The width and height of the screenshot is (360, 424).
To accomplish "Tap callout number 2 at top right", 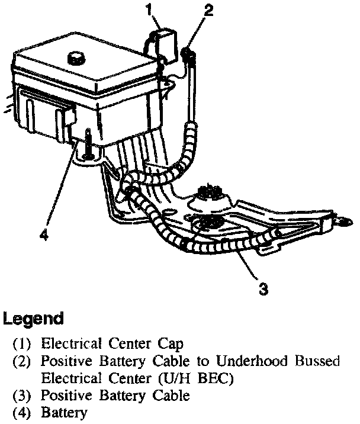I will coord(208,10).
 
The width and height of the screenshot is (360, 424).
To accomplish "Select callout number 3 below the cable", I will coord(265,290).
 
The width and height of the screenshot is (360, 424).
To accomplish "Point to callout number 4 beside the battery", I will coord(43,235).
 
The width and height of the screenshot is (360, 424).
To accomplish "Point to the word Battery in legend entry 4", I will coord(63,412).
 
